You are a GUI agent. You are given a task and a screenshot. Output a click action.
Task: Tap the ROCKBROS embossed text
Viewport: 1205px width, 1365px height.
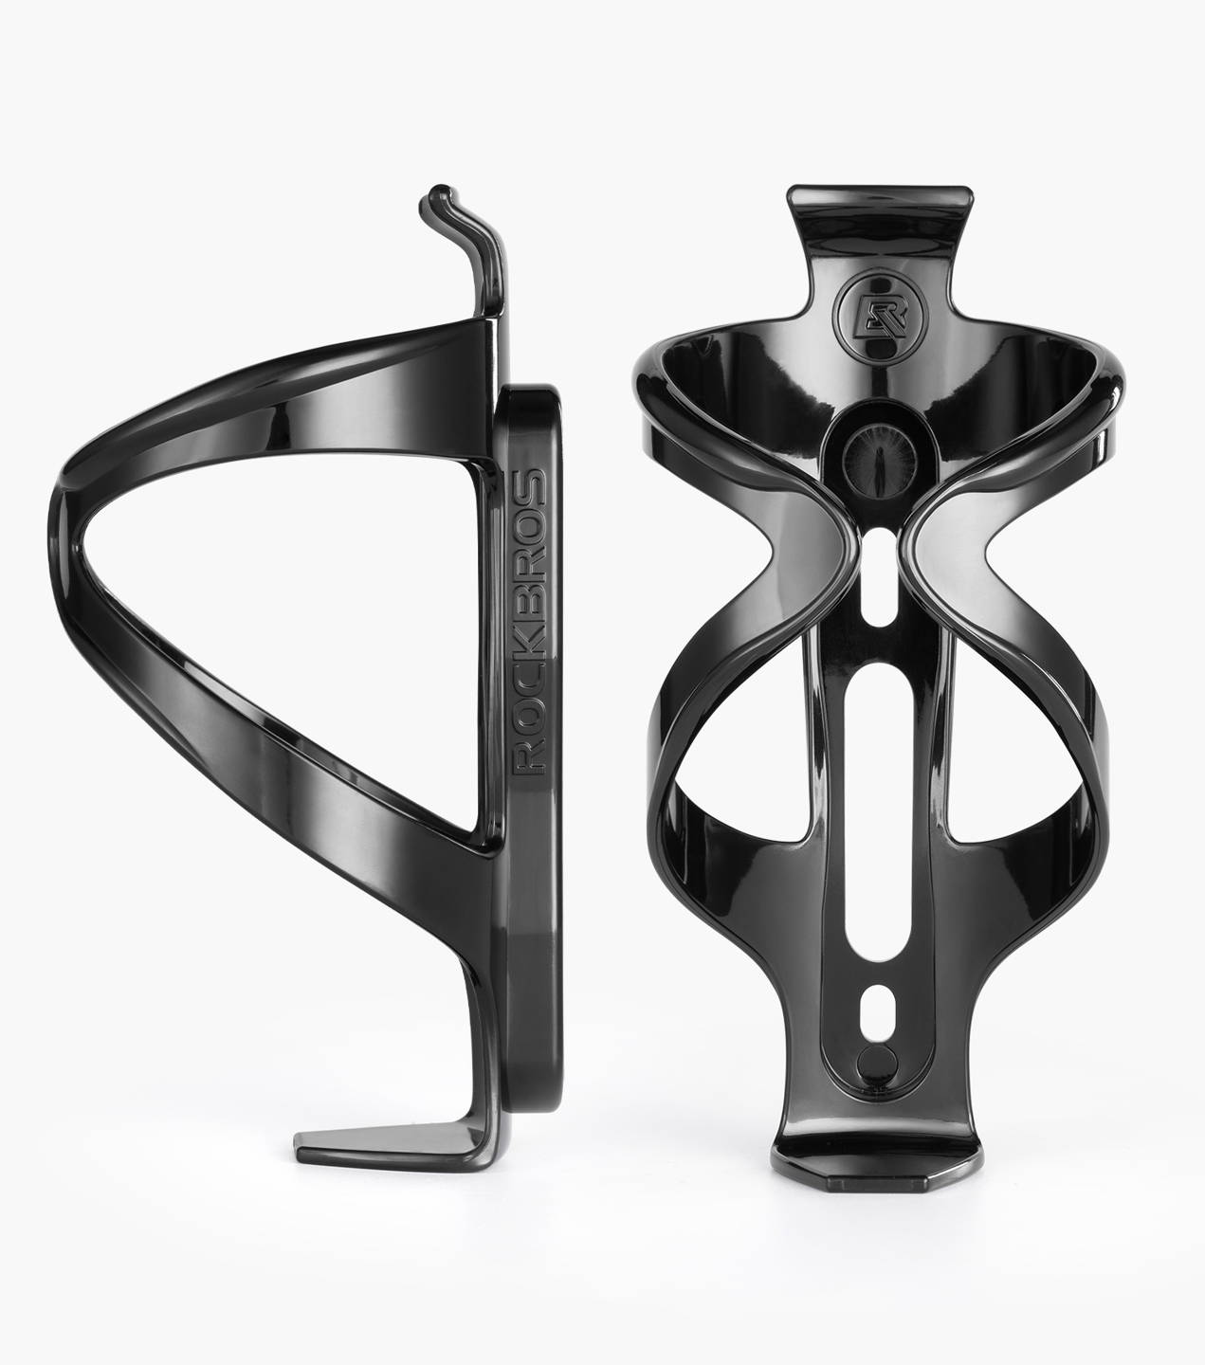click(x=530, y=621)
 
